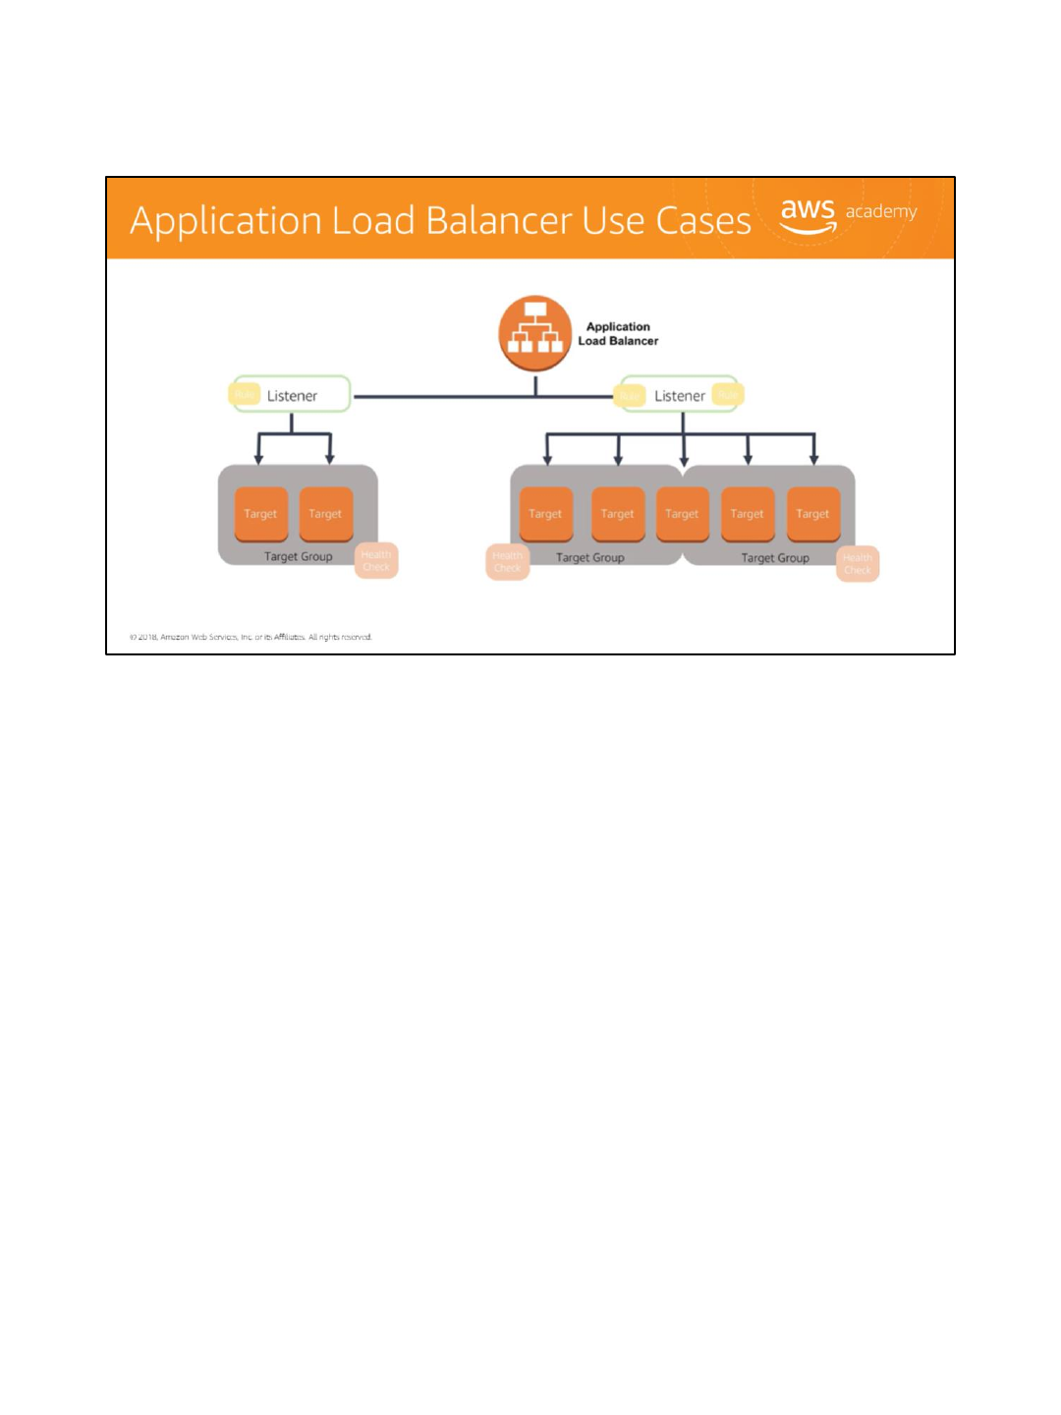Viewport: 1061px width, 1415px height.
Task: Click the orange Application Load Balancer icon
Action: pos(534,333)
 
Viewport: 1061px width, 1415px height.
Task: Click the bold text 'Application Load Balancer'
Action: pos(618,334)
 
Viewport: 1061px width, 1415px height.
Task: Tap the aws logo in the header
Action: pos(808,215)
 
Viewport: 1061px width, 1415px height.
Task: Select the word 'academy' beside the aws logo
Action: pos(881,211)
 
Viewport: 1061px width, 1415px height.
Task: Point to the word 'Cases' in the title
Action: pos(703,221)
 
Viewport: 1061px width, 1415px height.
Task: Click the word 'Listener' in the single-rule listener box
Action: pos(292,396)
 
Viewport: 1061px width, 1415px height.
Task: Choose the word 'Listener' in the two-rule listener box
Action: pos(680,396)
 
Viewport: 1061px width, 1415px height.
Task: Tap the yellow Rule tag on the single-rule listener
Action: pos(245,395)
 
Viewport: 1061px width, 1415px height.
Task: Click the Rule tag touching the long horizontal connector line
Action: pos(630,396)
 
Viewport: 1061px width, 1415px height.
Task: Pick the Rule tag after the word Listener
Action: pos(728,395)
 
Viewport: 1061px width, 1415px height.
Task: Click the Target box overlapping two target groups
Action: pos(682,514)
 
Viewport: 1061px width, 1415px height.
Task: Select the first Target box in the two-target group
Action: pos(260,514)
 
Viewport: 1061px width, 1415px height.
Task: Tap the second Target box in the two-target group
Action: pos(325,514)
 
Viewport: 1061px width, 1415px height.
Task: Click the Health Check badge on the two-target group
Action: pos(376,561)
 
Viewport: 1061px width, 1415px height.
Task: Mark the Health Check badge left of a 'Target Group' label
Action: pos(507,562)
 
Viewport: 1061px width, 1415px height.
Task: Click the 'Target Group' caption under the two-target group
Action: pos(298,556)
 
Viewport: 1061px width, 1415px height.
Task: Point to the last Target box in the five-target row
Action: pos(812,514)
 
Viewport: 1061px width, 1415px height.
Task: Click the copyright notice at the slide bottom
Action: pos(251,637)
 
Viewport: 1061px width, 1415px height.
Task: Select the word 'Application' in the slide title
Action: pos(225,221)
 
